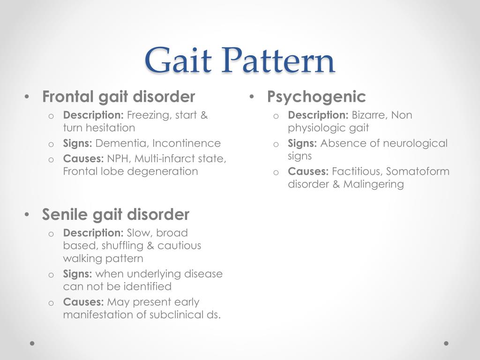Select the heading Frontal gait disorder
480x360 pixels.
118,97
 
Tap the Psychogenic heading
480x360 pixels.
316,97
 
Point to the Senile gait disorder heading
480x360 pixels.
115,214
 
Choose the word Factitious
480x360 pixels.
357,171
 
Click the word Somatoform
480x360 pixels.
418,171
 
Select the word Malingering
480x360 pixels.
374,184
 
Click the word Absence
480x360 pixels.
341,143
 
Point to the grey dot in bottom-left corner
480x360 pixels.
32,343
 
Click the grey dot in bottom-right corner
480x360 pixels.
446,343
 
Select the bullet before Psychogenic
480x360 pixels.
252,97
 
